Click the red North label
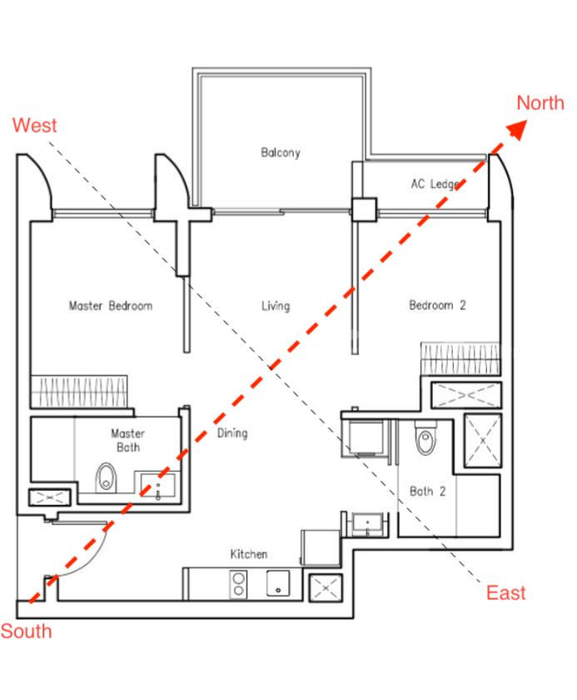tap(540, 103)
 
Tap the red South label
tap(26, 632)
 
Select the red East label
tap(505, 592)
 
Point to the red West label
tap(34, 125)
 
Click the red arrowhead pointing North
tap(517, 129)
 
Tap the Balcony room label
tap(281, 152)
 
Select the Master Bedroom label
tap(111, 306)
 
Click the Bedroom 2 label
tap(437, 305)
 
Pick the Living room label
tap(276, 307)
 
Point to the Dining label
tap(232, 433)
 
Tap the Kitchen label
tap(249, 554)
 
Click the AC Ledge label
tap(435, 183)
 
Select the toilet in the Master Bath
tap(106, 477)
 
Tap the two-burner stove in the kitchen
tap(239, 584)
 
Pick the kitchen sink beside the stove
tap(278, 583)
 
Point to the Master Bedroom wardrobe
tap(79, 392)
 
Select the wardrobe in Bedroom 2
tap(460, 358)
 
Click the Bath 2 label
tap(428, 491)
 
